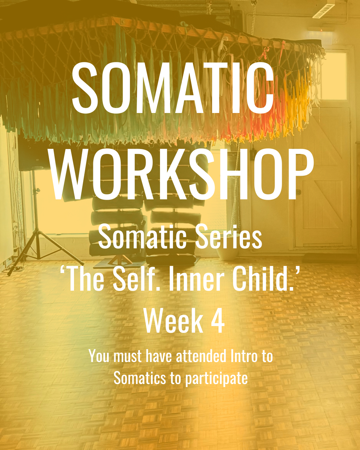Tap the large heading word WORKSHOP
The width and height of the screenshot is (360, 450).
(182, 174)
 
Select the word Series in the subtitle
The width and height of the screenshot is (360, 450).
(229, 237)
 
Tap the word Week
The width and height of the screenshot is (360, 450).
(173, 321)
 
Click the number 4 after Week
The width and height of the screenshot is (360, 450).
(218, 321)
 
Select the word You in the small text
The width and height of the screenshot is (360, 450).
(99, 356)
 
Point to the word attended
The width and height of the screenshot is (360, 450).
(201, 356)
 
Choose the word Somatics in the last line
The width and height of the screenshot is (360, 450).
(140, 378)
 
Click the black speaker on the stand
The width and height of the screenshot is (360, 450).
(30, 155)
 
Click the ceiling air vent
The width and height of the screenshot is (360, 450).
(323, 11)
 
